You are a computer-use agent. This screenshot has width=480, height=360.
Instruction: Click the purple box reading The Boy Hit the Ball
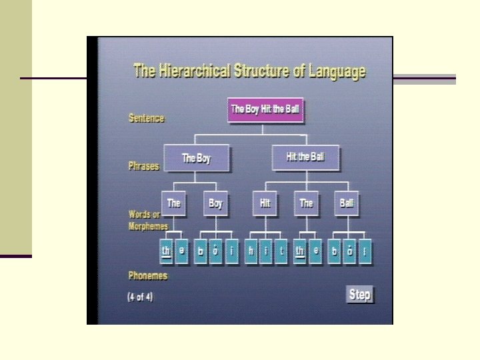[x=265, y=110]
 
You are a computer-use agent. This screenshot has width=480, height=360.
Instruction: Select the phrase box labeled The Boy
[x=197, y=159]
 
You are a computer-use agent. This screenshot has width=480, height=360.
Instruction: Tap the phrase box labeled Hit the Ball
[x=305, y=158]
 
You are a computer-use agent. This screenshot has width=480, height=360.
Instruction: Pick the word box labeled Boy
[x=215, y=203]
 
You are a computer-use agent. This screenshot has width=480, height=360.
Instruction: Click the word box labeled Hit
[x=265, y=203]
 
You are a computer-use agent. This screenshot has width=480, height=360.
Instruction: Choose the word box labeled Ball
[x=347, y=203]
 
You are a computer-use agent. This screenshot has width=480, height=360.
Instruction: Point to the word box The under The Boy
[x=174, y=203]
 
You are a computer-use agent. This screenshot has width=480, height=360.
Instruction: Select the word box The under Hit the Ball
[x=306, y=203]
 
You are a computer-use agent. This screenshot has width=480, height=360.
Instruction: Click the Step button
[x=360, y=295]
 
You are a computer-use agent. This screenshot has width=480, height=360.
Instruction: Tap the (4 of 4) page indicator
[x=140, y=297]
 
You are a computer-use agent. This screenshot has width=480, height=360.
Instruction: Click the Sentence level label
[x=146, y=119]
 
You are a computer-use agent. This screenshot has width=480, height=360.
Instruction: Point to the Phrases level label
[x=144, y=166]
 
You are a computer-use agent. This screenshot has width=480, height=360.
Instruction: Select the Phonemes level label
[x=148, y=275]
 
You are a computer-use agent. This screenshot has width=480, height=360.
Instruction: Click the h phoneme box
[x=251, y=251]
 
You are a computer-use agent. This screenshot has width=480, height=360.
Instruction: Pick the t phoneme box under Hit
[x=281, y=251]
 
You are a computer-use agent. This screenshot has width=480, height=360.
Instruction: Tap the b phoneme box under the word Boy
[x=201, y=251]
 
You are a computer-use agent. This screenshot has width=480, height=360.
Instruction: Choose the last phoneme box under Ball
[x=365, y=251]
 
